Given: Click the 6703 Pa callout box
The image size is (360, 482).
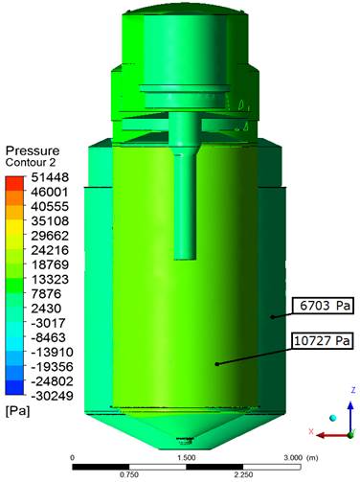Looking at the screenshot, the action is [323, 306].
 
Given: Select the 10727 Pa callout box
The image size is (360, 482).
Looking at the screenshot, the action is [322, 341].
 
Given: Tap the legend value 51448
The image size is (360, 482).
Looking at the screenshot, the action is [50, 177].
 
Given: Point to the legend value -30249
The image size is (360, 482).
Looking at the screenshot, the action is [53, 396].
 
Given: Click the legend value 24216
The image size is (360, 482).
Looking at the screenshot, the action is [50, 250].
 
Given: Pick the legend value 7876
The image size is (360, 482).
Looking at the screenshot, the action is [46, 294].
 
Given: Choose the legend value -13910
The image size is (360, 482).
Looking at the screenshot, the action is [53, 353].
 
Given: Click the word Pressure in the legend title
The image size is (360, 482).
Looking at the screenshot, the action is [33, 150].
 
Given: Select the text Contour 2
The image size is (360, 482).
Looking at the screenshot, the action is [31, 163].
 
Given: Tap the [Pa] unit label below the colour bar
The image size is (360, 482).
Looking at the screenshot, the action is [17, 411].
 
